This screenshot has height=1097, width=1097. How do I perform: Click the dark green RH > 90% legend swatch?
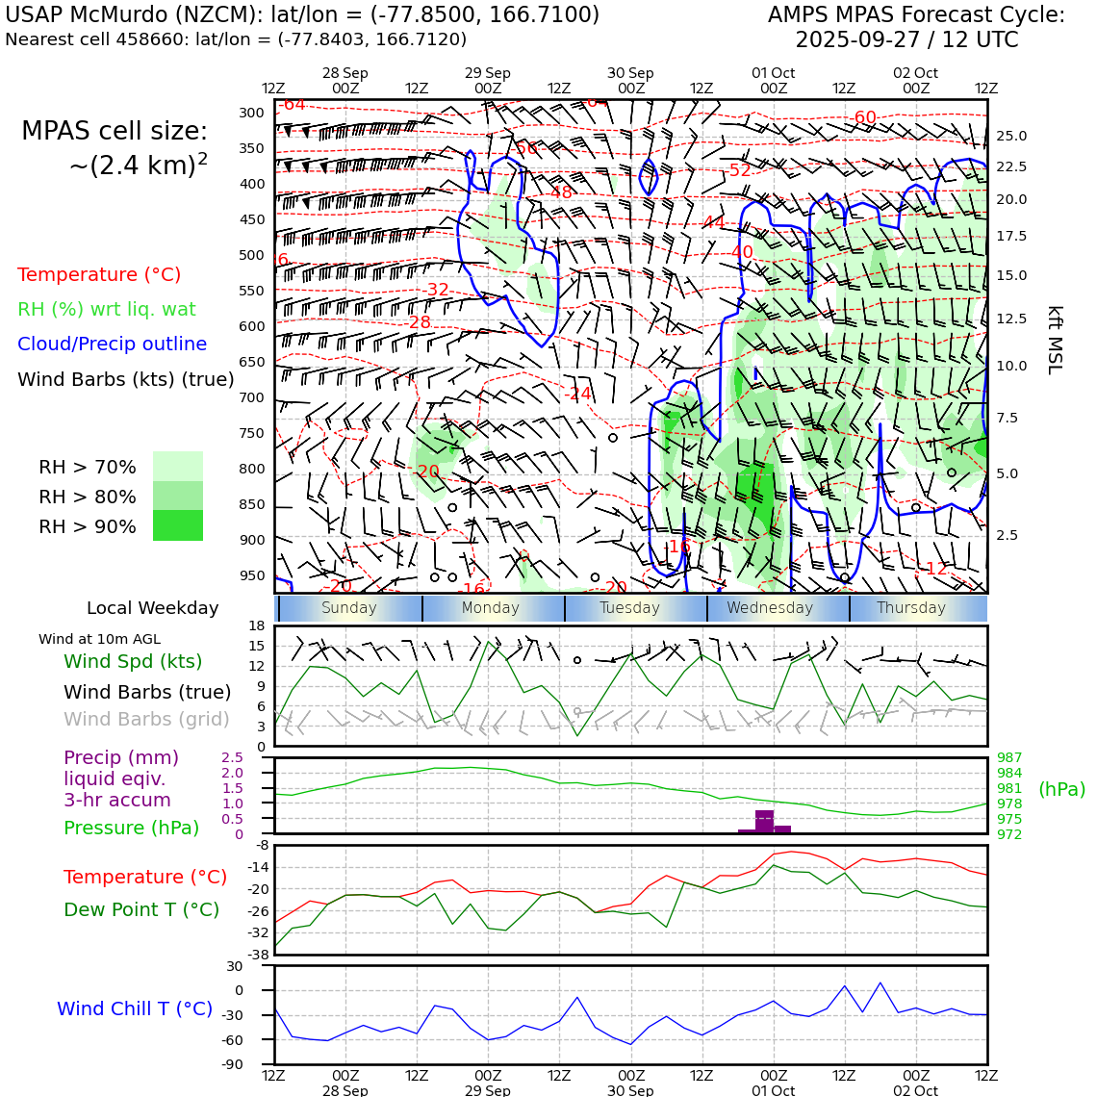[178, 525]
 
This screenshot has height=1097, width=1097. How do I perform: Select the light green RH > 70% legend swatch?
[178, 467]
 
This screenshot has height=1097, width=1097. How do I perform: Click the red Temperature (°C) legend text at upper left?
[99, 274]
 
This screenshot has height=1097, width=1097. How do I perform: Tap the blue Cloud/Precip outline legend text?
[112, 344]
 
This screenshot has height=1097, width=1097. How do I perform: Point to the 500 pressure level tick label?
[251, 255]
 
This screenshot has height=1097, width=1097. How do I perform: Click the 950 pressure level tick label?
[251, 575]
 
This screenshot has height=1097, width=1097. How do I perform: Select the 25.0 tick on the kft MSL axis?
[1011, 136]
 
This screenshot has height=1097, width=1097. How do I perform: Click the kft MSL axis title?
[1055, 340]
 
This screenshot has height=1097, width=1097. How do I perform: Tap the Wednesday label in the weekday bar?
[770, 608]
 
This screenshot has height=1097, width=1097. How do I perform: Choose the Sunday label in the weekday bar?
[349, 608]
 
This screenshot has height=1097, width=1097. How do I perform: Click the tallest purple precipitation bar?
[765, 821]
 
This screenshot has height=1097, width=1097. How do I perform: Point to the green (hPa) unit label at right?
[1061, 789]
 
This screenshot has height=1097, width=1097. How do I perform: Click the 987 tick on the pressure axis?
[1009, 758]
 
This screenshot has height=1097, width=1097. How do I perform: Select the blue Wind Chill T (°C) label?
[135, 1008]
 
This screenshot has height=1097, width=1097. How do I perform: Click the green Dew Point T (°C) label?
[141, 909]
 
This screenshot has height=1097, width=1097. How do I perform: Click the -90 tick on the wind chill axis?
[233, 1064]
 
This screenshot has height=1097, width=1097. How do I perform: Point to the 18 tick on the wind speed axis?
[256, 626]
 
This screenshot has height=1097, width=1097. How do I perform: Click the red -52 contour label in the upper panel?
[739, 170]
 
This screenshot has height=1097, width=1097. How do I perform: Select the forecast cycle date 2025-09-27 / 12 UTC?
[906, 40]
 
